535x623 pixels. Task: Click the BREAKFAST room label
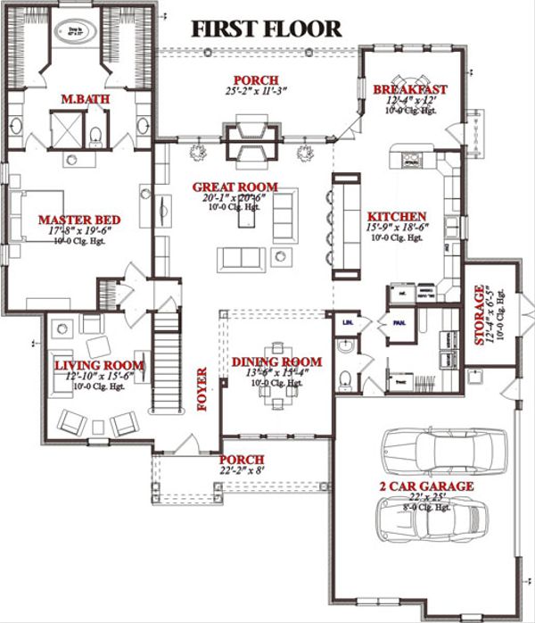pos(410,90)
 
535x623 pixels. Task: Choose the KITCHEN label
pos(397,217)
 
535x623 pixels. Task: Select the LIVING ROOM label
pos(87,366)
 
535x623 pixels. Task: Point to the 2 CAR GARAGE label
pos(424,486)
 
